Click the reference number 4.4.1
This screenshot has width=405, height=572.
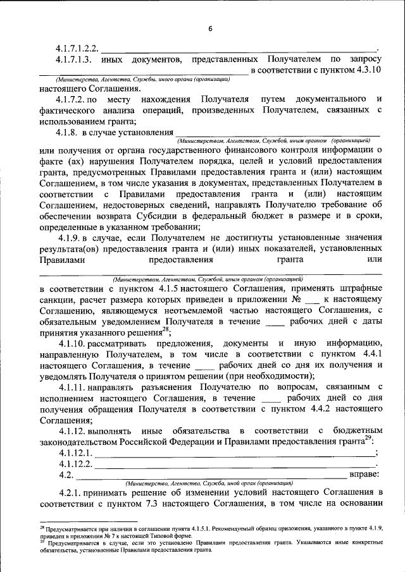coord(367,354)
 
